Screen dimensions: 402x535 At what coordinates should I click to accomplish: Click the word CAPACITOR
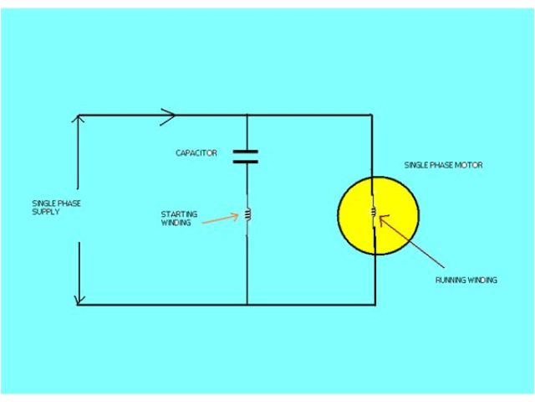point(196,153)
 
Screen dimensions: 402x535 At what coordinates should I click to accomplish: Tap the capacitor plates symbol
point(246,156)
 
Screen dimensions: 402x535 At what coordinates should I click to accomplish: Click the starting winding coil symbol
point(247,215)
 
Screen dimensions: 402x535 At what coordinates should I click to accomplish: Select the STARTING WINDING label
point(179,219)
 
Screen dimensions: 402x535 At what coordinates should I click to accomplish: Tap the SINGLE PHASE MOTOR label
point(442,165)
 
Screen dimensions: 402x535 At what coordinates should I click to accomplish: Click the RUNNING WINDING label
point(466,280)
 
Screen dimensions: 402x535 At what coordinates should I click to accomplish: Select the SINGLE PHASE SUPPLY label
point(57,209)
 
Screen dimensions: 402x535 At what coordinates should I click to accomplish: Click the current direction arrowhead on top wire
point(167,115)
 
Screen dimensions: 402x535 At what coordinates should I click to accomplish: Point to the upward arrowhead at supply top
point(79,120)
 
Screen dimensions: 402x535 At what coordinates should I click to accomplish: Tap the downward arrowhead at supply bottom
point(79,299)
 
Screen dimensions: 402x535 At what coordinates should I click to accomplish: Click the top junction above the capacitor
point(247,115)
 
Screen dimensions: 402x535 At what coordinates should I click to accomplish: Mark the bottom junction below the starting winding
point(247,304)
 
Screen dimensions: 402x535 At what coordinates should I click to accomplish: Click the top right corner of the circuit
point(371,115)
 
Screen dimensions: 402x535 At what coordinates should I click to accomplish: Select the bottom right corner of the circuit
point(375,304)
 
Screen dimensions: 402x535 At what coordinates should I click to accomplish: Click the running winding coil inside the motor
point(374,215)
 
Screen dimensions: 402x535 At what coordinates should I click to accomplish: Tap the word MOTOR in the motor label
point(468,165)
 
